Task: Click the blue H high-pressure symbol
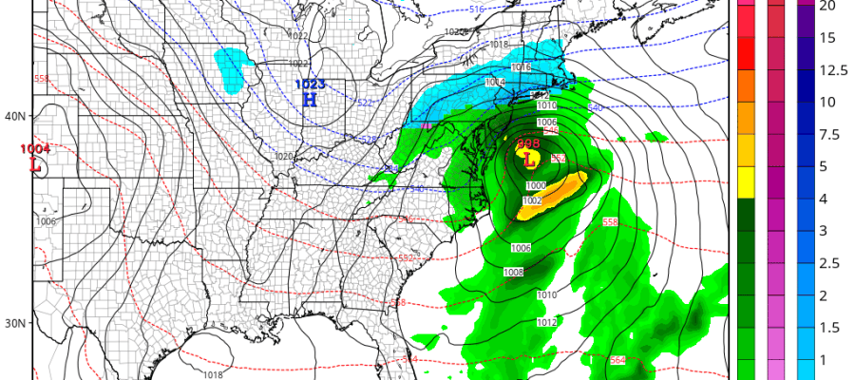pos(309,100)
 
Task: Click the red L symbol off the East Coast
pos(529,160)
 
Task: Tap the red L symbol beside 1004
pos(36,163)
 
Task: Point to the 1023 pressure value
pos(308,85)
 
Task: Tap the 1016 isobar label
pos(521,67)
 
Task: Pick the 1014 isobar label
pos(495,83)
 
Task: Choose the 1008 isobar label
pos(513,273)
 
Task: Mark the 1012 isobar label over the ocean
pos(547,323)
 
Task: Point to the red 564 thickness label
pos(617,360)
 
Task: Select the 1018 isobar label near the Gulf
pos(214,375)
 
